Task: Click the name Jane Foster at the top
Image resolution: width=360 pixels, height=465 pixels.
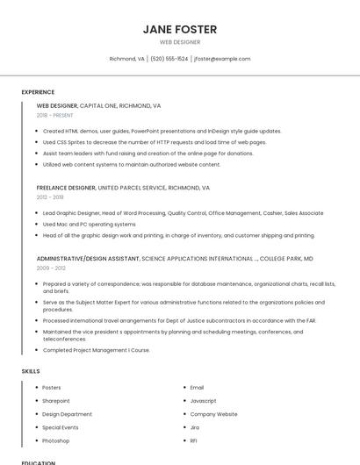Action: [x=179, y=29]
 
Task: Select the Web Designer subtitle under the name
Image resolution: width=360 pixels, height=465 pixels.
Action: [x=179, y=42]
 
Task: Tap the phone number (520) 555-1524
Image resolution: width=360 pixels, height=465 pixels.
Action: [x=169, y=59]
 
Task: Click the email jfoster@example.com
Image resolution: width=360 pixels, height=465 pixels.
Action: [x=222, y=59]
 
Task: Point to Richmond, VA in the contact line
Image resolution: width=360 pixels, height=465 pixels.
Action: [x=126, y=59]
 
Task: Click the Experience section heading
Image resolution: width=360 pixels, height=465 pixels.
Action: [x=38, y=92]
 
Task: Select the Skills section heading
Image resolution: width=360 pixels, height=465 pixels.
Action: [x=31, y=371]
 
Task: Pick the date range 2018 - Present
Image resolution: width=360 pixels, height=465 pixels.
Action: [x=54, y=115]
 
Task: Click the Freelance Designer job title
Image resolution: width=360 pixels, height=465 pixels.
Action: [x=66, y=188]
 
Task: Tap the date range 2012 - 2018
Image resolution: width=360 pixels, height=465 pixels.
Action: [x=50, y=197]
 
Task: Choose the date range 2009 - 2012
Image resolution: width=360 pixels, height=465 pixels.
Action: [x=50, y=268]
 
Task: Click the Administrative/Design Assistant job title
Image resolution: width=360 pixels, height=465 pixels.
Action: [x=88, y=259]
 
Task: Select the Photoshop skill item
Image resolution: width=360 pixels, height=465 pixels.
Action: [x=55, y=440]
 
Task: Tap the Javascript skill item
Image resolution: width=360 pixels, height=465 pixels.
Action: [x=203, y=400]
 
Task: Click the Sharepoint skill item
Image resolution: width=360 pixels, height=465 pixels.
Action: [x=56, y=400]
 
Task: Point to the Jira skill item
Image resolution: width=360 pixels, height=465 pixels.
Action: [x=196, y=427]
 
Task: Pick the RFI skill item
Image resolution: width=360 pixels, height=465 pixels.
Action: [x=195, y=440]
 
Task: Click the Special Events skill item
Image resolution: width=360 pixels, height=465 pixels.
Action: [x=61, y=427]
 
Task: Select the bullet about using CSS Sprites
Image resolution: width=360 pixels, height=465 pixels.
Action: [x=154, y=142]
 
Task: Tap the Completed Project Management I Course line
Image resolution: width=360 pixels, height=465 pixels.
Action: [x=96, y=350]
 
